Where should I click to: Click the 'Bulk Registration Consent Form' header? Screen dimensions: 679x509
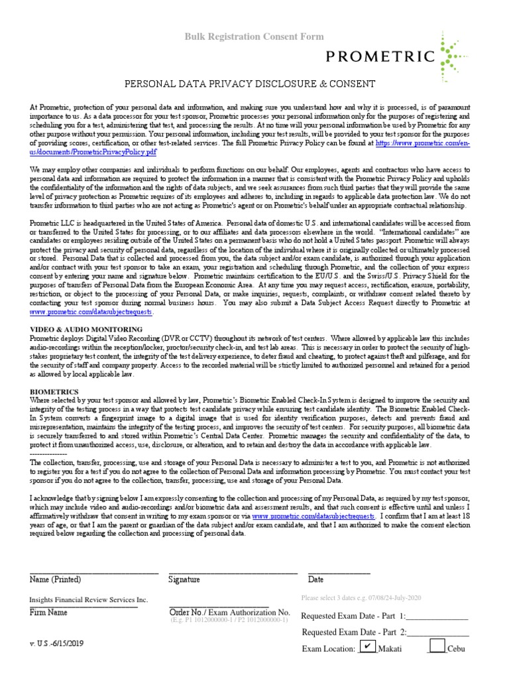[x=254, y=37]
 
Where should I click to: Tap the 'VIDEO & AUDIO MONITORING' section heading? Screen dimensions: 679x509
[x=86, y=329]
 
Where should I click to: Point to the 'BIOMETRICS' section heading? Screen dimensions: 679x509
[x=55, y=392]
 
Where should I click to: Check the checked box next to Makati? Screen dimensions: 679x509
[x=367, y=646]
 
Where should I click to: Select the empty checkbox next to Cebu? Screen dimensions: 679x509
[x=437, y=646]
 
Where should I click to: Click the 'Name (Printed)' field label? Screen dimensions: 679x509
[x=56, y=580]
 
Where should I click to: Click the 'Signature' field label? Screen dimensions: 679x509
[x=184, y=580]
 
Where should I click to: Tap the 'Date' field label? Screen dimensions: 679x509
[x=315, y=580]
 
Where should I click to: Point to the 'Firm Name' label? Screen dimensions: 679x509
[x=48, y=612]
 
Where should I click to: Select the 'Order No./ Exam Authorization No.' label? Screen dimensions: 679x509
[x=230, y=612]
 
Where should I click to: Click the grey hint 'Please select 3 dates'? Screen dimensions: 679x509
[x=361, y=597]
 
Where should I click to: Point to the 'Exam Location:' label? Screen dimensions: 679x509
[x=329, y=649]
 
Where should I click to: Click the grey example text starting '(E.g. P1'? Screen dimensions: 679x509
[x=229, y=621]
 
